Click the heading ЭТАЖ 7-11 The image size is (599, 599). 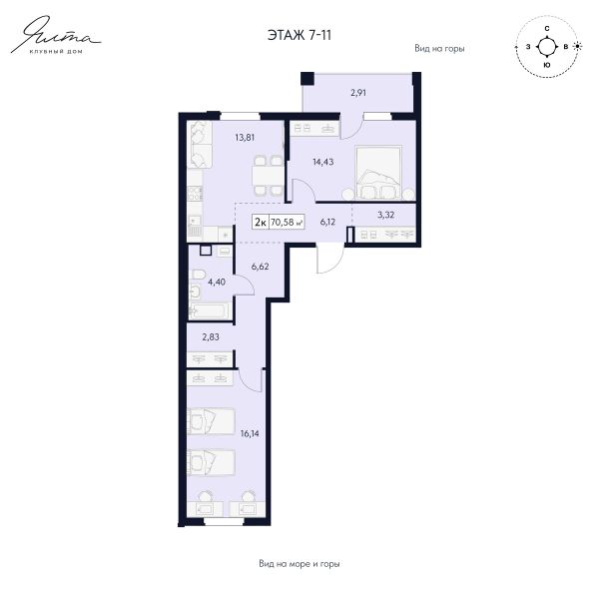click(299, 35)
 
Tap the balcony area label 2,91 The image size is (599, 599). click(358, 93)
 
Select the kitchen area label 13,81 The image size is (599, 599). click(245, 137)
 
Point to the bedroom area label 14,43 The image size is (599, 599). click(323, 162)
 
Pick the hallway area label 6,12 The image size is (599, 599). click(327, 222)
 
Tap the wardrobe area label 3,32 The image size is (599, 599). click(385, 215)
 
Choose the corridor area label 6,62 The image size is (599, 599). click(261, 267)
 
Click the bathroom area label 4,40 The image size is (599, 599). click(217, 282)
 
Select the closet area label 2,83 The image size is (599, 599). click(211, 337)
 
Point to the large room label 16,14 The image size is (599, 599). click(250, 433)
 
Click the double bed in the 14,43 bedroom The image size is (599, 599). click(378, 172)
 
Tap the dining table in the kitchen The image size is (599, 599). click(268, 176)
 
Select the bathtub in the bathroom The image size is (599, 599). click(210, 310)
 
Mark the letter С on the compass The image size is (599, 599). click(547, 29)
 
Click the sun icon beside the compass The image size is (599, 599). click(578, 46)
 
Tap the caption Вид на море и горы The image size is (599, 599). click(299, 563)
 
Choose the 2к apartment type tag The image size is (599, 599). click(261, 222)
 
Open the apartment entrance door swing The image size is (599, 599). click(330, 260)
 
